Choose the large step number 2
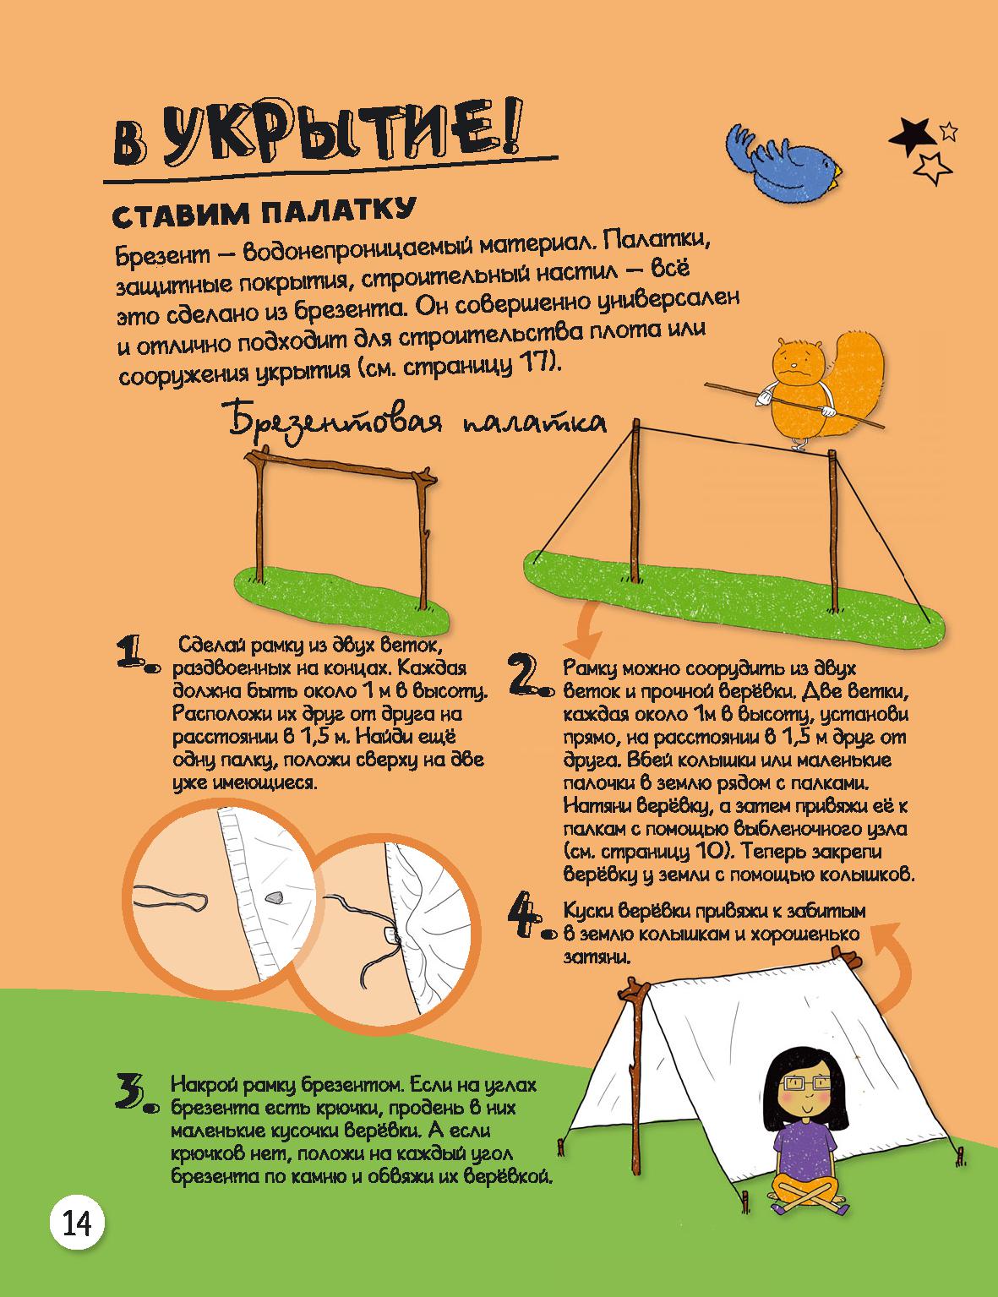(x=530, y=676)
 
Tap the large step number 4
(x=530, y=920)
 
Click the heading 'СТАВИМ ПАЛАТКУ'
(x=263, y=212)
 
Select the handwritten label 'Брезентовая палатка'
(x=414, y=419)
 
